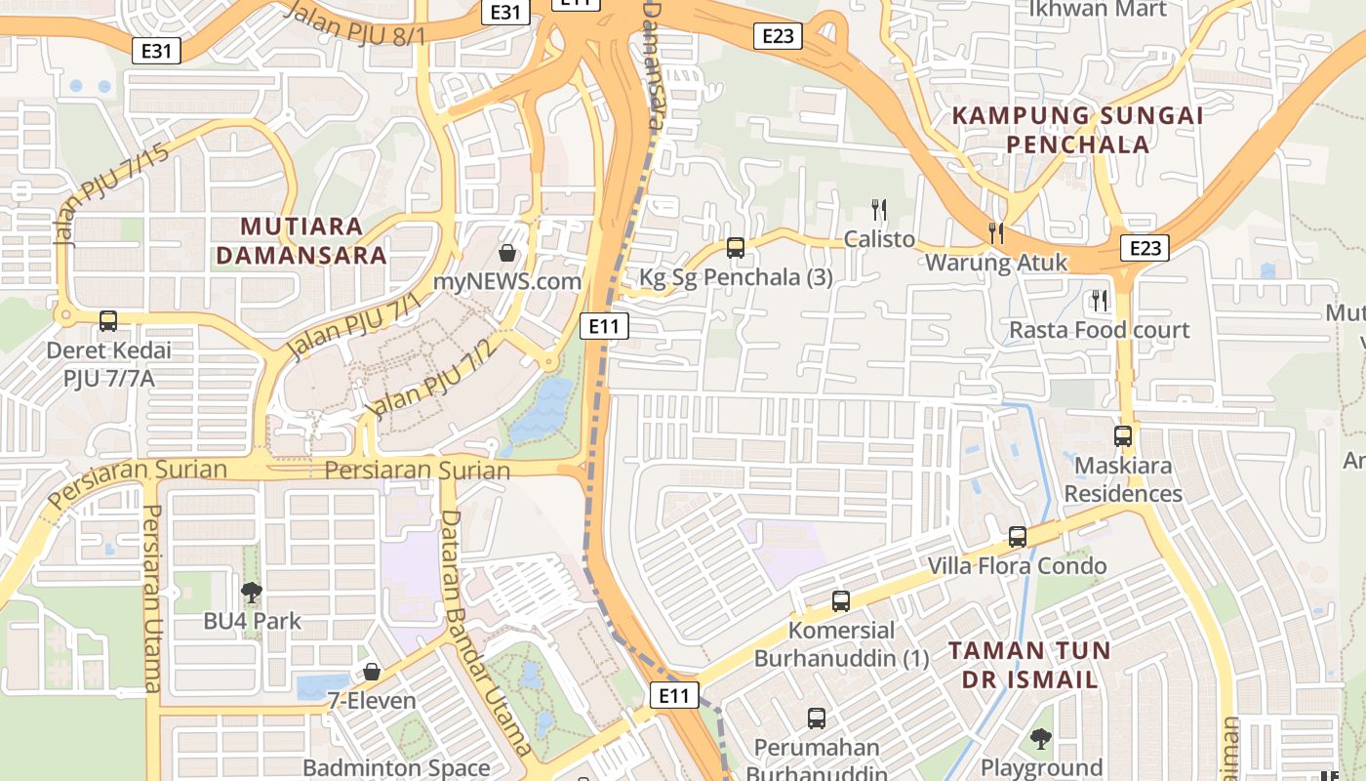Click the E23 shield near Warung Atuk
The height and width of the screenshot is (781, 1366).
click(x=1145, y=248)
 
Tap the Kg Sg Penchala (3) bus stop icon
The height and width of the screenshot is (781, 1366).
click(x=736, y=248)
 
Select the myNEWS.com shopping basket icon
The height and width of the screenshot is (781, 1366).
click(x=507, y=254)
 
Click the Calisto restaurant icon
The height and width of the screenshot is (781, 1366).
click(x=879, y=209)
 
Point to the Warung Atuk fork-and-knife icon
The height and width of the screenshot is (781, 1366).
click(x=995, y=232)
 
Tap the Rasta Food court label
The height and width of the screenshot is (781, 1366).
click(x=1099, y=330)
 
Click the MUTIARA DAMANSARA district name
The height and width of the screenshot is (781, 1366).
click(x=301, y=241)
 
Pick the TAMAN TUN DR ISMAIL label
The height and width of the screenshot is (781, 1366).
click(x=1028, y=665)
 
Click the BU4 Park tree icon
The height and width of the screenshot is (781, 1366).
click(x=252, y=592)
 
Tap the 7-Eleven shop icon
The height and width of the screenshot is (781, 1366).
click(x=372, y=672)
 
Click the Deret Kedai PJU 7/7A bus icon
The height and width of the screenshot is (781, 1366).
click(x=107, y=320)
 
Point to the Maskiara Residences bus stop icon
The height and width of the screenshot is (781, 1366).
click(x=1123, y=436)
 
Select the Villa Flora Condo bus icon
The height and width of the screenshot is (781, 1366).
click(x=1018, y=537)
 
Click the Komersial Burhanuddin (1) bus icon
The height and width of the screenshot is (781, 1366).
click(x=841, y=601)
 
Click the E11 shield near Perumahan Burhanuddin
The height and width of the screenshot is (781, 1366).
click(x=674, y=695)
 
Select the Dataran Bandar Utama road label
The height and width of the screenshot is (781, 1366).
click(x=485, y=635)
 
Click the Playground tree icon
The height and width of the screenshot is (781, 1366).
click(x=1041, y=739)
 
